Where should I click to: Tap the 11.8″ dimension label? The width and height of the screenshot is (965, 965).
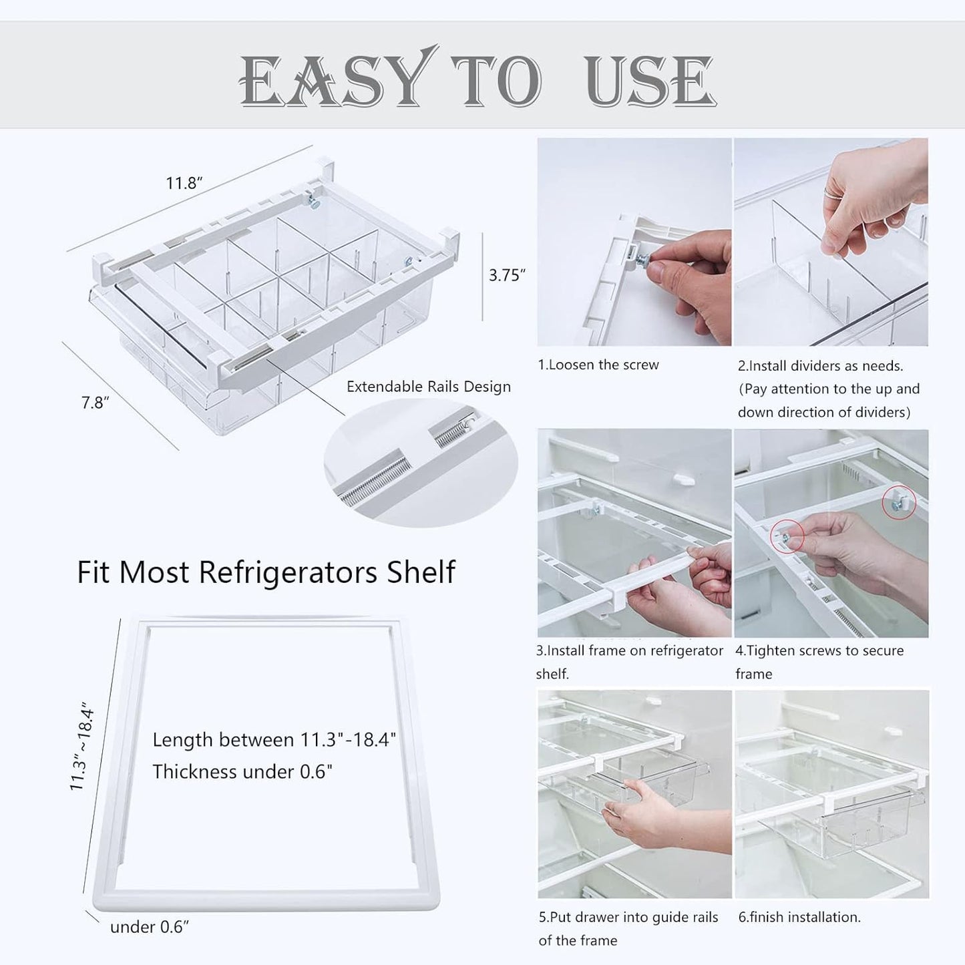click(184, 183)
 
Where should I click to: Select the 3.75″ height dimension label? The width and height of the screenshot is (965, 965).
click(507, 275)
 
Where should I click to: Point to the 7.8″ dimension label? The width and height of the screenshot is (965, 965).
click(95, 403)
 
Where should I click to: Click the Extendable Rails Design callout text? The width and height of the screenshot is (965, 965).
click(428, 387)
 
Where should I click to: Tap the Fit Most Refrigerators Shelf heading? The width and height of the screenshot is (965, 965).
click(266, 572)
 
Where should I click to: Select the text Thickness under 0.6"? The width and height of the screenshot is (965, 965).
click(242, 772)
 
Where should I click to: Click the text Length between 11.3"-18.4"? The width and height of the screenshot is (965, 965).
click(274, 740)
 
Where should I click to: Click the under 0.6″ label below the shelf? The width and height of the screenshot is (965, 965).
click(150, 927)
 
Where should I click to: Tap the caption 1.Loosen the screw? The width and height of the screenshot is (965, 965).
click(598, 365)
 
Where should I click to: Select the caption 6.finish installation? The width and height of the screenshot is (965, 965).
click(799, 918)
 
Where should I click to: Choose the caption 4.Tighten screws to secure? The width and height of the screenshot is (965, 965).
click(819, 650)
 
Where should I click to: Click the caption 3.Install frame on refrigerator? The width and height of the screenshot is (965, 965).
click(630, 650)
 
